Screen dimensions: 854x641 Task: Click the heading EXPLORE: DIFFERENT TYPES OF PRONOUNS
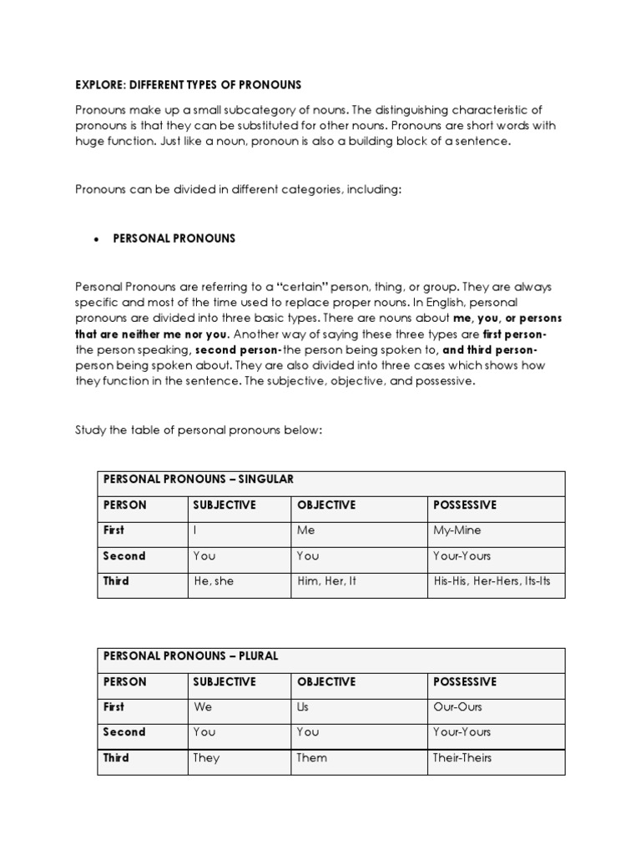coord(188,85)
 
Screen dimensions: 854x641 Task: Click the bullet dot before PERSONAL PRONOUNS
coord(96,239)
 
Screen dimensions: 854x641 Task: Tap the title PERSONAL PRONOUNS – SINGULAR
coord(199,480)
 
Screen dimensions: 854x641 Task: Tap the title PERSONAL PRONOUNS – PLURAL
coord(190,656)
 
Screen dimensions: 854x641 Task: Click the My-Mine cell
coord(457,530)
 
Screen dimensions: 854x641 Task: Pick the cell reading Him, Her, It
coord(326,581)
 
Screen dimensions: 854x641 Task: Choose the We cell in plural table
coord(203,707)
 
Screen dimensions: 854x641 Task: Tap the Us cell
coord(304,707)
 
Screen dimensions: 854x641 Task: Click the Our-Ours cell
coord(457,707)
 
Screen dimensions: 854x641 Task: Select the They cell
coord(206,758)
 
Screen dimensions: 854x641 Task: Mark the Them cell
coord(312,758)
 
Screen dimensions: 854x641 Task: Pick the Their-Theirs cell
coord(463,758)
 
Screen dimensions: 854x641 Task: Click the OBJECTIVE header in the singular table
coord(326,505)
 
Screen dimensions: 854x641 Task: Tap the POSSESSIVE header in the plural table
coord(465,682)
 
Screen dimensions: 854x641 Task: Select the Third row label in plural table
coord(116,758)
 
